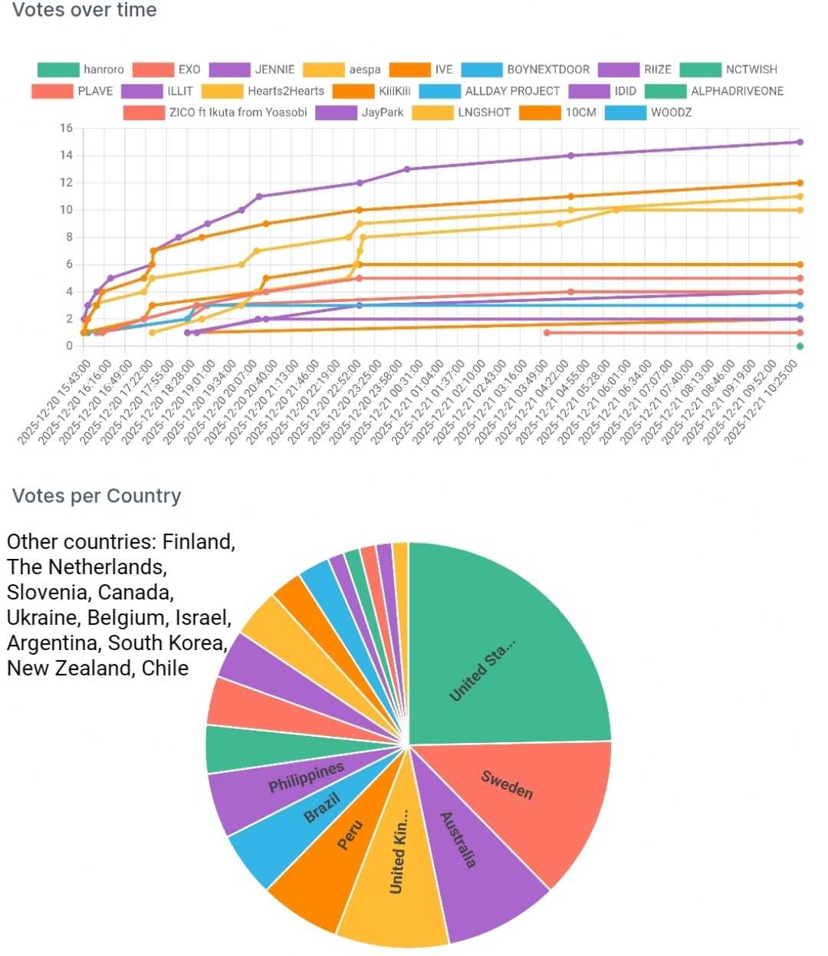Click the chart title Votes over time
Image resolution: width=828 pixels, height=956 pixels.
[84, 11]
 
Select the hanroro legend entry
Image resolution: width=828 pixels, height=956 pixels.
[80, 70]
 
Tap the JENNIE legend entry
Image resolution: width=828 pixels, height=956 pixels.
[252, 70]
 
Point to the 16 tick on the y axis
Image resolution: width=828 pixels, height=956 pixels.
[67, 128]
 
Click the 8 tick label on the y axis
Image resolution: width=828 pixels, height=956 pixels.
[69, 237]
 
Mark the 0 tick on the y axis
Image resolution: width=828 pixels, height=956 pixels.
[69, 346]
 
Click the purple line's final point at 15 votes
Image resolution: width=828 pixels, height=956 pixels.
[800, 142]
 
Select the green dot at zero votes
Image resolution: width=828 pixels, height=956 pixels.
[800, 347]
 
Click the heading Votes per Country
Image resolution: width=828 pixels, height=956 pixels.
[97, 496]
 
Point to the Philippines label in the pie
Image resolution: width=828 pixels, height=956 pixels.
[306, 777]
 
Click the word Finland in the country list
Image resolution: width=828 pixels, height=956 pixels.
[199, 542]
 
